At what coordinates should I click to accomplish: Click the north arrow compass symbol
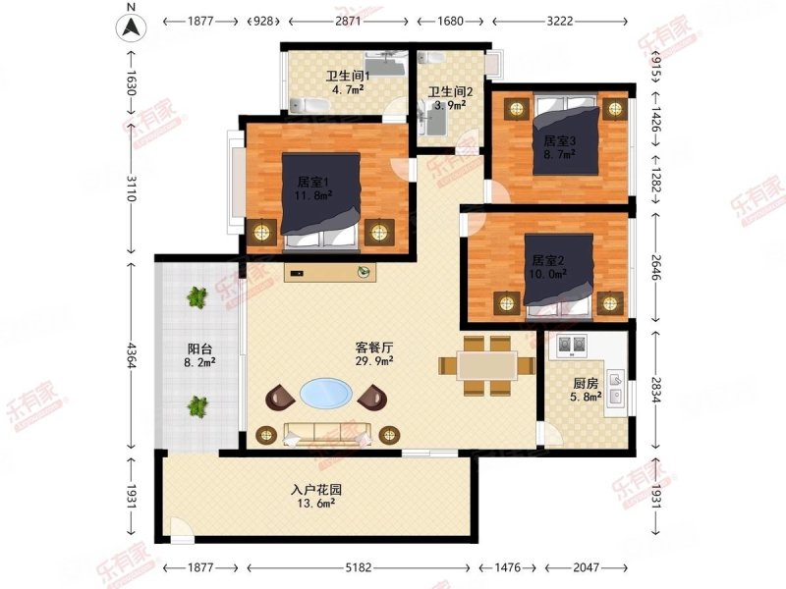(131, 27)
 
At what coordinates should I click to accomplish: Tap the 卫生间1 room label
(348, 77)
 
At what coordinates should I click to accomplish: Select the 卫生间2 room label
(450, 92)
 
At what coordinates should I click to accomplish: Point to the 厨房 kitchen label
(586, 384)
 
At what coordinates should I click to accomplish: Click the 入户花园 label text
(316, 490)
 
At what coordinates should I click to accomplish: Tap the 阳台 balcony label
(199, 348)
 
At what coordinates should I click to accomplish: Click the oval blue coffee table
(326, 393)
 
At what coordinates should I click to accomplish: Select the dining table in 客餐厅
(487, 365)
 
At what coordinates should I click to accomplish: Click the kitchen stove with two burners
(572, 346)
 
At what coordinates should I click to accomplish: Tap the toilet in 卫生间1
(309, 106)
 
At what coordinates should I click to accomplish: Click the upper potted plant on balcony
(197, 297)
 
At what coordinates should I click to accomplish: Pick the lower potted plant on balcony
(197, 406)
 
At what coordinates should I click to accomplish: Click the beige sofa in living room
(327, 434)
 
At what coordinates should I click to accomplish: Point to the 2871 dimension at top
(348, 21)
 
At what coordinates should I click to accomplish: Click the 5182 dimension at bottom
(359, 567)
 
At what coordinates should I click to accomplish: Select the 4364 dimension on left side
(132, 355)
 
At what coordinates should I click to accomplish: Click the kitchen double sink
(616, 388)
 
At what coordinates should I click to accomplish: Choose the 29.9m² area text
(374, 360)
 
